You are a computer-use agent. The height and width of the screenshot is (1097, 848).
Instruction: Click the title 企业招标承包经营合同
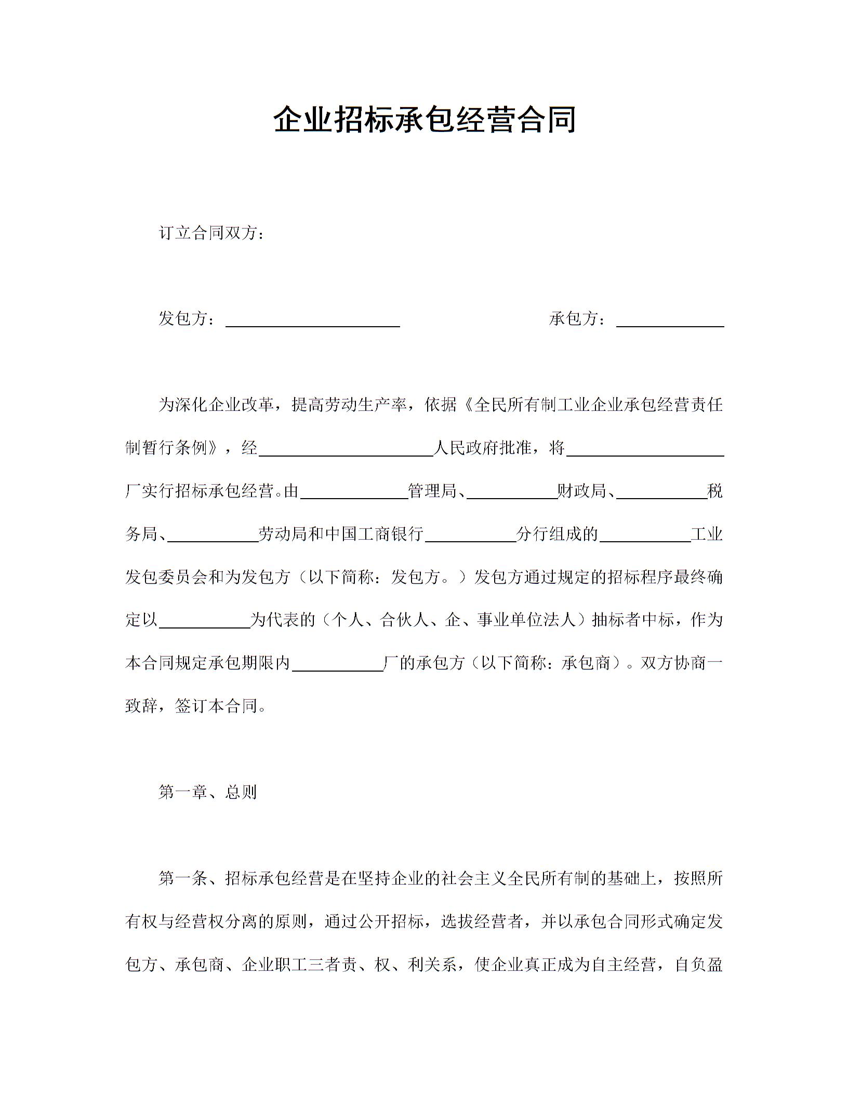424,120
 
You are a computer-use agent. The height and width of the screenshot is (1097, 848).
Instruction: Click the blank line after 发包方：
313,321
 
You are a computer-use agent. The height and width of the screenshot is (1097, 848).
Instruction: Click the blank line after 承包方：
670,321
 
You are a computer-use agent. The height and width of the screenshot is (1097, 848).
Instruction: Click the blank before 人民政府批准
346,450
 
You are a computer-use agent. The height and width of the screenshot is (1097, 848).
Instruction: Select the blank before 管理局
354,493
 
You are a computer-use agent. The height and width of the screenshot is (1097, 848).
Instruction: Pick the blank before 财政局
512,493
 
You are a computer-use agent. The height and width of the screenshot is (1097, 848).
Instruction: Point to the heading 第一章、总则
207,792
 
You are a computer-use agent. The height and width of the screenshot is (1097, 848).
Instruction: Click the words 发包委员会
166,577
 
